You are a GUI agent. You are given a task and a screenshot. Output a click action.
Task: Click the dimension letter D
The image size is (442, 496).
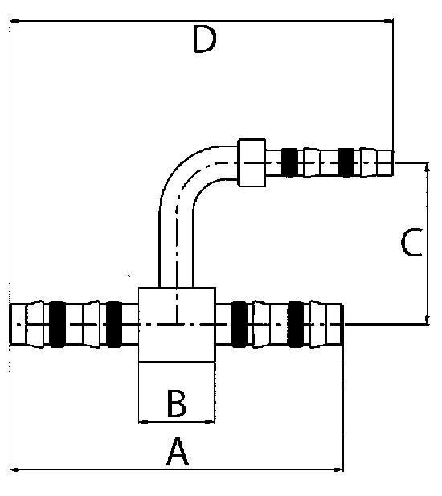[205, 39]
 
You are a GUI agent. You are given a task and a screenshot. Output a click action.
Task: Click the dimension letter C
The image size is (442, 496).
[411, 242]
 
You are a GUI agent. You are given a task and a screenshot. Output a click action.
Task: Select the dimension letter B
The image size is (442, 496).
[177, 404]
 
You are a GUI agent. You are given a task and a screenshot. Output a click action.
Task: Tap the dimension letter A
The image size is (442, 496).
[178, 452]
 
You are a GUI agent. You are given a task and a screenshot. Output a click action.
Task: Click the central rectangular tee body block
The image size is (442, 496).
[177, 325]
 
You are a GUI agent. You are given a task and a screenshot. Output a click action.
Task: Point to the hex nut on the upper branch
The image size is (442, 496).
[252, 162]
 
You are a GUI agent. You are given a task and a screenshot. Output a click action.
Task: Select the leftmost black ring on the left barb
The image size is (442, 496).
[57, 325]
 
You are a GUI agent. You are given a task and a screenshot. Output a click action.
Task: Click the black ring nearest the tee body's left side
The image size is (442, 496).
[114, 325]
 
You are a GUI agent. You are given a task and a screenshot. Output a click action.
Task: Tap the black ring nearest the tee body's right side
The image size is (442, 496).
[239, 325]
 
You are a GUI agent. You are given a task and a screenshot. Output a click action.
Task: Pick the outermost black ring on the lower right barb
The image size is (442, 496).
[296, 325]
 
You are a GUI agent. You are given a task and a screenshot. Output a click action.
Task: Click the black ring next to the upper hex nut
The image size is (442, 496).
[289, 162]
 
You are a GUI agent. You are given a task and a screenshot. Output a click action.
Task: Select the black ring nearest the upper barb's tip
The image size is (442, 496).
[346, 162]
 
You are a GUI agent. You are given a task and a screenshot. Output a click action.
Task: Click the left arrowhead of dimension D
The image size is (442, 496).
[14, 21]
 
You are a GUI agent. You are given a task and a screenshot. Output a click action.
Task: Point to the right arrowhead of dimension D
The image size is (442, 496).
[389, 21]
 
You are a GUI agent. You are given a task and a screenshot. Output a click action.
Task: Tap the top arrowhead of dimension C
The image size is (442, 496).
[428, 166]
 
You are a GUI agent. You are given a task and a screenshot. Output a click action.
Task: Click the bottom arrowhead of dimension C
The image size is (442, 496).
[428, 320]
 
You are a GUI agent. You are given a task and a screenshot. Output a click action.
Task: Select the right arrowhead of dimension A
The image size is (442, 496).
[338, 469]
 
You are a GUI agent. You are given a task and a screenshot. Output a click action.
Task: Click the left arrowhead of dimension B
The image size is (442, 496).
[144, 422]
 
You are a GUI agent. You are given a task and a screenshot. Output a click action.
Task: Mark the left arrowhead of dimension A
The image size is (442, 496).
[14, 469]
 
